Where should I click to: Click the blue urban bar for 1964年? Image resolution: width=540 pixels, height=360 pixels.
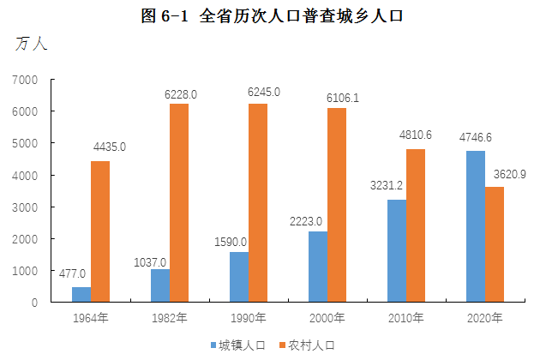click(x=81, y=294)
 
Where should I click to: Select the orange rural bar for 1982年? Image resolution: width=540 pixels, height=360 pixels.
click(x=179, y=203)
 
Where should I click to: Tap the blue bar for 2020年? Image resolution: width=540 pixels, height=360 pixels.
click(x=476, y=226)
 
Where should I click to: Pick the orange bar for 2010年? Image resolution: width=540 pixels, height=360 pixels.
click(x=416, y=225)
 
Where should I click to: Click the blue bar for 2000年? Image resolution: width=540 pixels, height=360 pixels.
click(x=317, y=267)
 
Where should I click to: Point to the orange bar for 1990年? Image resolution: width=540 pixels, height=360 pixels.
click(x=258, y=203)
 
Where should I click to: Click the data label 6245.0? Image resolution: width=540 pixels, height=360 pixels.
click(x=260, y=92)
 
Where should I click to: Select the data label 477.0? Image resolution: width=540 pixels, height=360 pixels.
click(x=72, y=274)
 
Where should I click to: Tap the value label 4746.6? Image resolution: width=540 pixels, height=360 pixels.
click(x=475, y=137)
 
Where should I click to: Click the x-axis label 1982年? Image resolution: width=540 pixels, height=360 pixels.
click(x=170, y=318)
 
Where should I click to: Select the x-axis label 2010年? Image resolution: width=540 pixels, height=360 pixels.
click(x=406, y=318)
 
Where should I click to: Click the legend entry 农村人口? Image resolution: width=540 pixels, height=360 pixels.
click(x=311, y=345)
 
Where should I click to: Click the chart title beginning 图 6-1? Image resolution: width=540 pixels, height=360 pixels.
click(x=271, y=15)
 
